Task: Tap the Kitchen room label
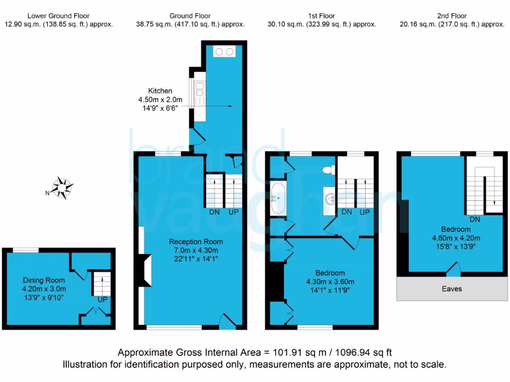pos(160,91)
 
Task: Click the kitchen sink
pos(199,90)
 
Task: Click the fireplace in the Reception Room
pos(145,270)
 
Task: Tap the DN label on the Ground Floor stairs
pos(214,212)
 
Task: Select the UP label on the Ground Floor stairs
pos(233,212)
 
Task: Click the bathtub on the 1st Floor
pos(278,198)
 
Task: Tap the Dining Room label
pos(44,281)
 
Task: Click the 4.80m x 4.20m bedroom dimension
pos(456,238)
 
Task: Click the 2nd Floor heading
pos(453,16)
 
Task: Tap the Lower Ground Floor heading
pos(58,16)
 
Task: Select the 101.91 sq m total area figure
pos(294,353)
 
